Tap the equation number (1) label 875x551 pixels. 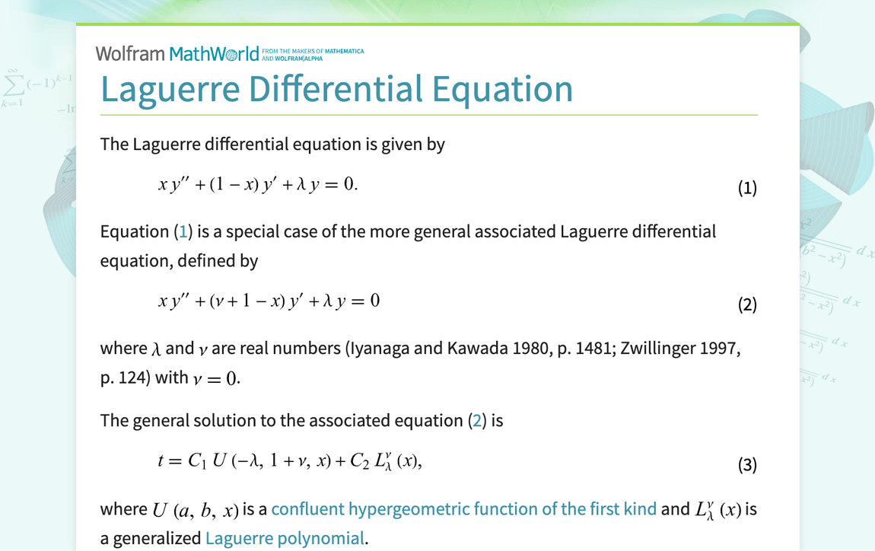(x=747, y=188)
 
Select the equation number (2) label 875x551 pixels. (x=747, y=305)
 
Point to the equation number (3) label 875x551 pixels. (x=747, y=464)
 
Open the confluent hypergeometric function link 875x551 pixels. (x=463, y=509)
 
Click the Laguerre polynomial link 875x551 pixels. (x=285, y=539)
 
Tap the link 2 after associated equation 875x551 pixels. (x=478, y=421)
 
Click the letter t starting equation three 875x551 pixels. (x=161, y=461)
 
